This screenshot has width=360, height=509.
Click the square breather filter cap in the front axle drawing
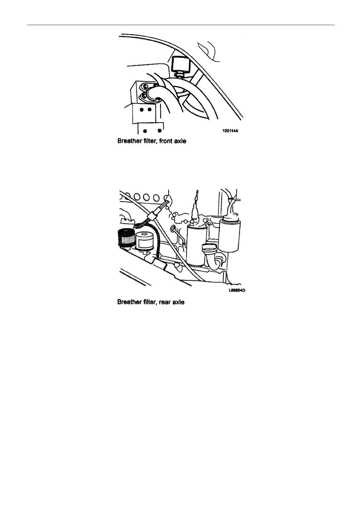[181, 64]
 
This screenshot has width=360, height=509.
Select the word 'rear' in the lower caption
[165, 302]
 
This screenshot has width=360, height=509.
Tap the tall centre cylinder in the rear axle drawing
[196, 245]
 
